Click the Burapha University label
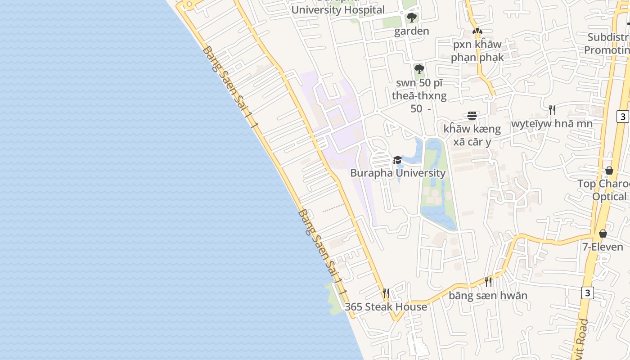point(398,173)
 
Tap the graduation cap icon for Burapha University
point(397,160)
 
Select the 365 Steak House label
point(386,307)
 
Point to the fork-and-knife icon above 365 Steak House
point(386,293)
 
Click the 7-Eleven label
point(603,247)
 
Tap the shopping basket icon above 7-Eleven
point(603,234)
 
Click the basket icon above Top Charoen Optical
point(609,171)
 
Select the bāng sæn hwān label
point(488,296)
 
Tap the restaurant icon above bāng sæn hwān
point(488,282)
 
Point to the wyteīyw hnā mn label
point(552,123)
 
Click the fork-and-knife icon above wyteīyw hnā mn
point(552,110)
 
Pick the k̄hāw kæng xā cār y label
point(472,135)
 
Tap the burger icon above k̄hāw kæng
point(472,116)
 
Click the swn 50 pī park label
point(419,96)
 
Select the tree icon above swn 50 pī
point(419,69)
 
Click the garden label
point(411,31)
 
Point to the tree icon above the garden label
point(411,18)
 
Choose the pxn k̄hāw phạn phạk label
point(477,51)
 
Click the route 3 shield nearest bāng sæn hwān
point(587,293)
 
